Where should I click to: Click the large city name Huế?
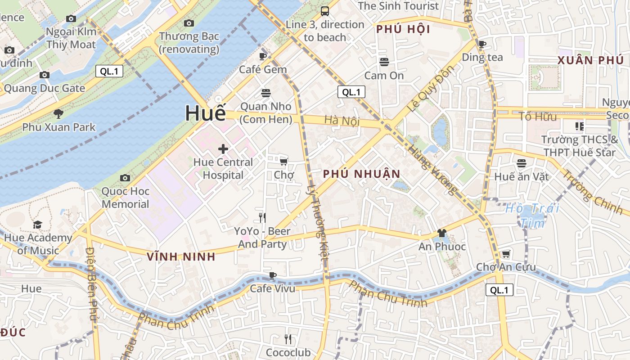tap(205, 113)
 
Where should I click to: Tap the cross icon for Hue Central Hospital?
tap(223, 149)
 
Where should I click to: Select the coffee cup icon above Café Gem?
tap(263, 56)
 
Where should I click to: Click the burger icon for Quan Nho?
tap(266, 93)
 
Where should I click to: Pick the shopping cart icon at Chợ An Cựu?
tap(506, 254)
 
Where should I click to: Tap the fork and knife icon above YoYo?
tap(262, 218)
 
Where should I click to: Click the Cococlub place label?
tap(288, 352)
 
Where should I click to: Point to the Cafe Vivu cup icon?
tap(272, 275)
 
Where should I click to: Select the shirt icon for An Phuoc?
tap(441, 233)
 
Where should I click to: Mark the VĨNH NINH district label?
tap(181, 257)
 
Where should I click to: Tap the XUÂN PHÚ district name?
tap(590, 60)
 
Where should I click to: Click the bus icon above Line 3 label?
tap(324, 11)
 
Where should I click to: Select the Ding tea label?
tap(482, 57)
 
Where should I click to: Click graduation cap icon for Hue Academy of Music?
tap(37, 225)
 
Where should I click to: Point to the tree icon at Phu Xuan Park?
tap(58, 113)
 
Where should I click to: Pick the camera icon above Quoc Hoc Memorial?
tap(125, 178)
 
